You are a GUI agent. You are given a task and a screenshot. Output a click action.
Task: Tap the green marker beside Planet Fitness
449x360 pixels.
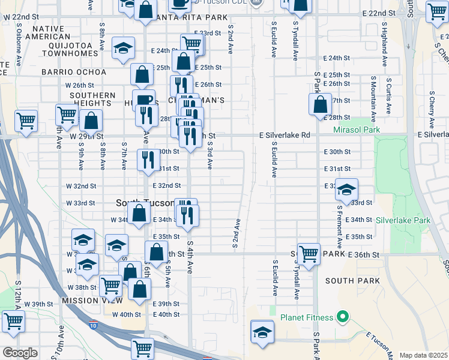343,316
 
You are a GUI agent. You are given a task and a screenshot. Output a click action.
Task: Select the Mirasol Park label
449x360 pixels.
357,129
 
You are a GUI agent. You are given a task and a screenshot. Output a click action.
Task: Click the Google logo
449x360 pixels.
19,352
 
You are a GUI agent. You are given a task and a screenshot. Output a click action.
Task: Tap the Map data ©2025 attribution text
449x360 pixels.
423,355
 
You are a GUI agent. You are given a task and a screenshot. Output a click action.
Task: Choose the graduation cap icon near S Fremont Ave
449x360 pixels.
346,189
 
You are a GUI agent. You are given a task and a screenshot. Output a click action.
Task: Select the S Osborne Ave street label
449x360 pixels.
19,53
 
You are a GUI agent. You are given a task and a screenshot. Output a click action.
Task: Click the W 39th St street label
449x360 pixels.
43,304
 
